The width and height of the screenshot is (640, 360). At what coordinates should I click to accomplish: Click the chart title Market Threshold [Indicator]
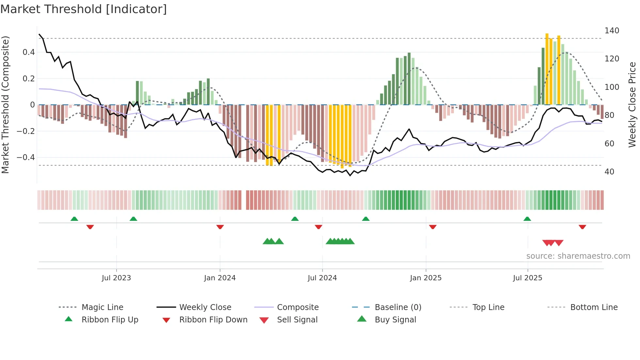point(84,9)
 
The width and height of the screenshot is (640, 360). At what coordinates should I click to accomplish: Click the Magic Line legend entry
point(102,307)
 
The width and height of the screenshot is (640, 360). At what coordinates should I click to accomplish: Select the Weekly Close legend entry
point(205,307)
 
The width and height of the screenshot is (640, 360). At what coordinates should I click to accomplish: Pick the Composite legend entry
point(297,307)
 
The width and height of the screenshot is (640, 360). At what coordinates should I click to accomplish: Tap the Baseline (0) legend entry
point(398,307)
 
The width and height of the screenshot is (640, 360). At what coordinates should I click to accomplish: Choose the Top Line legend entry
point(488,307)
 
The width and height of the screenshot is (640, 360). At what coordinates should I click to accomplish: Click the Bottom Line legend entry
point(594,307)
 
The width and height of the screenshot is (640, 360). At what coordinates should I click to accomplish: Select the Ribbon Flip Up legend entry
point(110,320)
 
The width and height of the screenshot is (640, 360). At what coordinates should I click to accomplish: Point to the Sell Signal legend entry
point(297,320)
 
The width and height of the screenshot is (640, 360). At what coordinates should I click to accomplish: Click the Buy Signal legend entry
point(395,320)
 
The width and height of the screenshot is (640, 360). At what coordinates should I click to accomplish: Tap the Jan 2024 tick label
point(220,278)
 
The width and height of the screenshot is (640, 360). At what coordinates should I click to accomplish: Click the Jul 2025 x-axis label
point(527,278)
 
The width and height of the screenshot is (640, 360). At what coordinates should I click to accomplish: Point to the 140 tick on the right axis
point(612,31)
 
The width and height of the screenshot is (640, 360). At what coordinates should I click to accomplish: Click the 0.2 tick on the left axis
point(28,79)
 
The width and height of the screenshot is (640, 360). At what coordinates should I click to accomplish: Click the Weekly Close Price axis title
point(632,105)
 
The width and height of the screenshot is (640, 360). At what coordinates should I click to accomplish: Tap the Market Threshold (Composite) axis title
point(5,105)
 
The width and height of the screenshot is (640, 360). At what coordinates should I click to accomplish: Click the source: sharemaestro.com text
point(578,256)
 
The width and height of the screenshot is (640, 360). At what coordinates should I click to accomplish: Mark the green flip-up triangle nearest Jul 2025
point(527,219)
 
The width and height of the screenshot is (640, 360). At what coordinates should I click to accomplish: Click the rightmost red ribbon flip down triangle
point(582,227)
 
